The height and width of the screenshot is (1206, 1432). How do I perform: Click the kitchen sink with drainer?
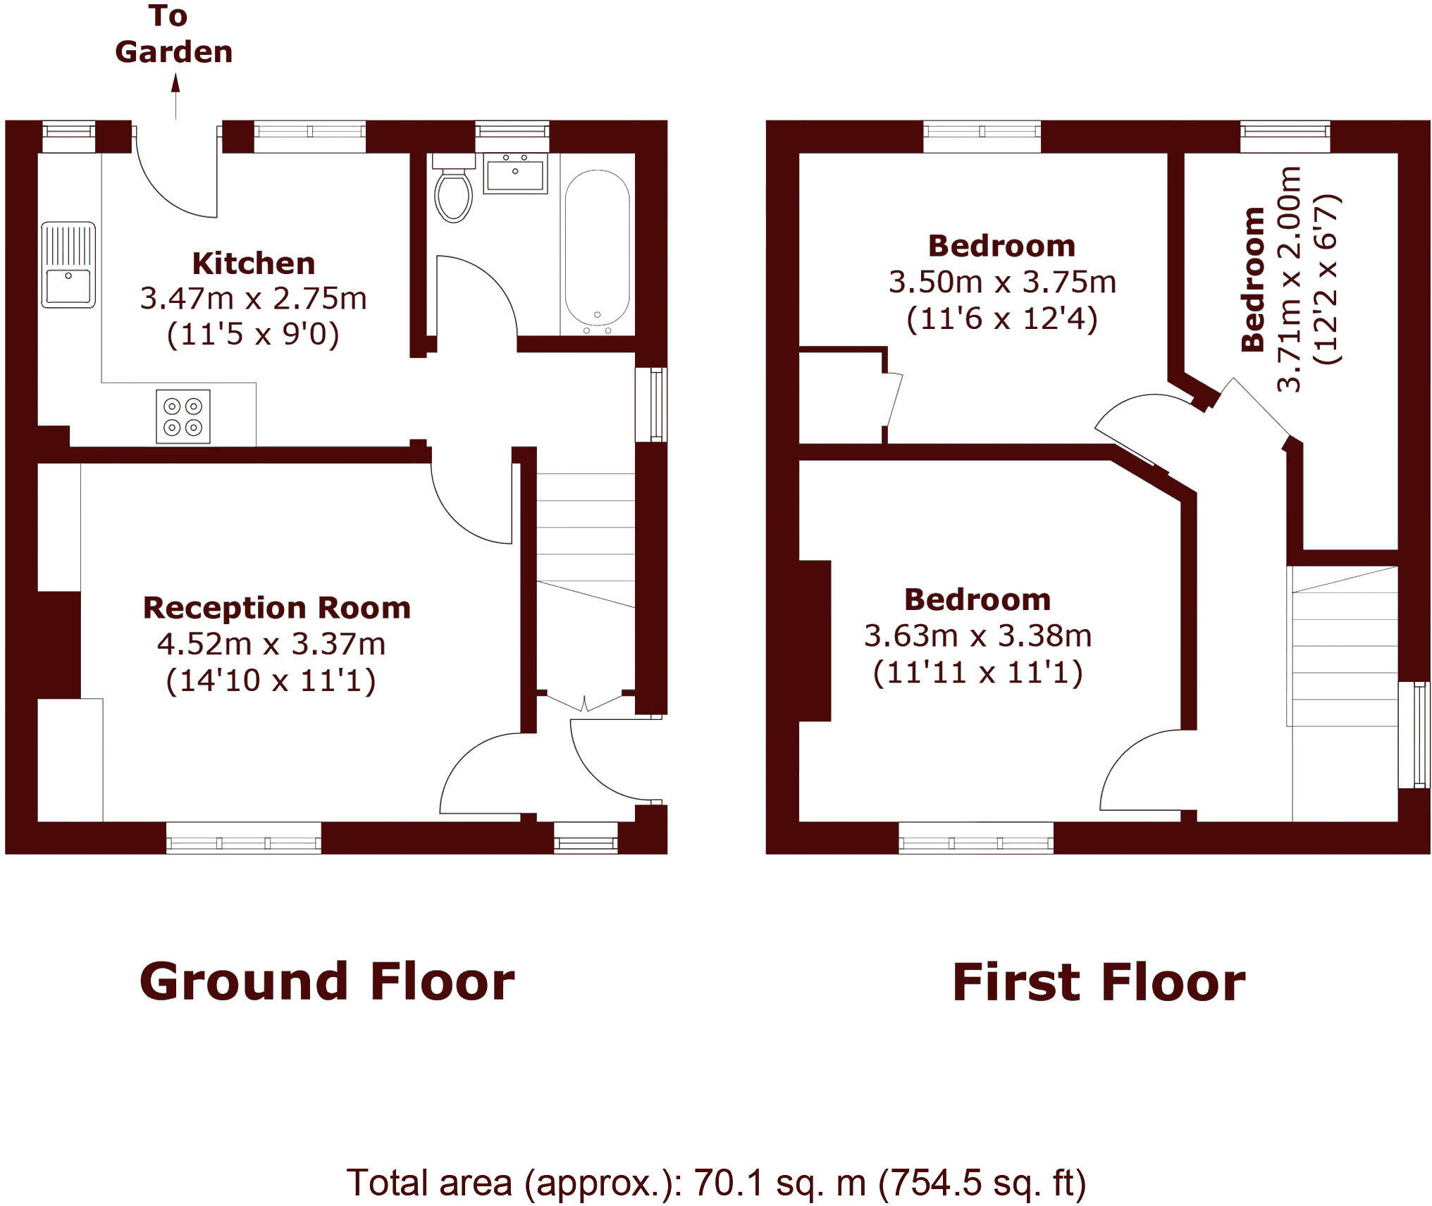[68, 265]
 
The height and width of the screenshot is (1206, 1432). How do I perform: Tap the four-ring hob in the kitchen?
[183, 416]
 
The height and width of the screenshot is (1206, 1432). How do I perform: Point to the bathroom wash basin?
[515, 173]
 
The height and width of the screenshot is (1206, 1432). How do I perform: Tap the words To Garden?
[173, 35]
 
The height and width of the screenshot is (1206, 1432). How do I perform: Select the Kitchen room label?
[254, 263]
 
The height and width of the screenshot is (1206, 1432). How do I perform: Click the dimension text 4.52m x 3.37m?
[271, 644]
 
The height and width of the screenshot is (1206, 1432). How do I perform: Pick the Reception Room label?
[276, 608]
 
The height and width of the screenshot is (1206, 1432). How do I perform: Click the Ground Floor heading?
[327, 982]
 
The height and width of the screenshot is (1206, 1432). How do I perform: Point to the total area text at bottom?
[715, 1183]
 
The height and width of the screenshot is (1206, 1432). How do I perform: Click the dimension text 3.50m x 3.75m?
[1001, 282]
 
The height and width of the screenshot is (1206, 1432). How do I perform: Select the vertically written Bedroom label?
[1253, 280]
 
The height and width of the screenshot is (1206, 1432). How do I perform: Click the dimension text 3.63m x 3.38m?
[977, 636]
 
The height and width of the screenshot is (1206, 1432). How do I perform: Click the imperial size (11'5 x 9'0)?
[253, 334]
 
